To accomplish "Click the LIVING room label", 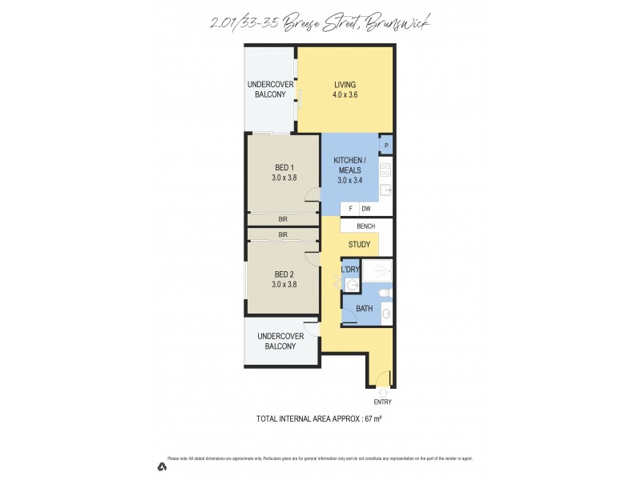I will (x=345, y=85).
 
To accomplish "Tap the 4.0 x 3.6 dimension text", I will (x=345, y=94).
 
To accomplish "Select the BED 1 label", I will (x=284, y=168).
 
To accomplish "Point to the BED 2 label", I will (x=284, y=274).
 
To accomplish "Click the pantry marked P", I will (x=386, y=145).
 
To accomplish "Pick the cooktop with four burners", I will (x=385, y=170).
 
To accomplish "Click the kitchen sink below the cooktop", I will (x=385, y=190).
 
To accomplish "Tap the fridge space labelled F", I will (x=350, y=209).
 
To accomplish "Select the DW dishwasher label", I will (x=365, y=209).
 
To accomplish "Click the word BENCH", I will (x=365, y=226).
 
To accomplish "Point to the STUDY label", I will (x=357, y=245).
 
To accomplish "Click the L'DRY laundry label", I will (x=350, y=270).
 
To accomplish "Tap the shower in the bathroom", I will (x=377, y=270).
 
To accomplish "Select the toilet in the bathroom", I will (x=385, y=292).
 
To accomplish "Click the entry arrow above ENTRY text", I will (x=383, y=391).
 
